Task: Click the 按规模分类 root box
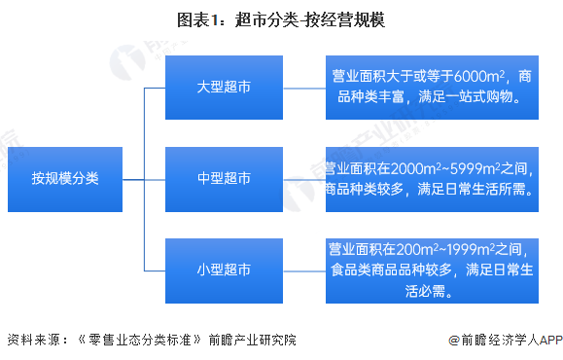coord(65,179)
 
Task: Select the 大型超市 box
coord(224,88)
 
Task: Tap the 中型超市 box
coord(224,179)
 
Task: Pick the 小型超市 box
coord(224,269)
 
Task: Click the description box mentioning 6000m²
coord(431,88)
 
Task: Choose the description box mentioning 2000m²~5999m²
coord(431,179)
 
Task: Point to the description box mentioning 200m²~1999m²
coord(431,269)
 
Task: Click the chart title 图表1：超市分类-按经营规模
coord(281,20)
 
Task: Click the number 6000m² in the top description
coord(480,77)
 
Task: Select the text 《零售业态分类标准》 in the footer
coord(136,340)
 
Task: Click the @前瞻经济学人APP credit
coord(506,340)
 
